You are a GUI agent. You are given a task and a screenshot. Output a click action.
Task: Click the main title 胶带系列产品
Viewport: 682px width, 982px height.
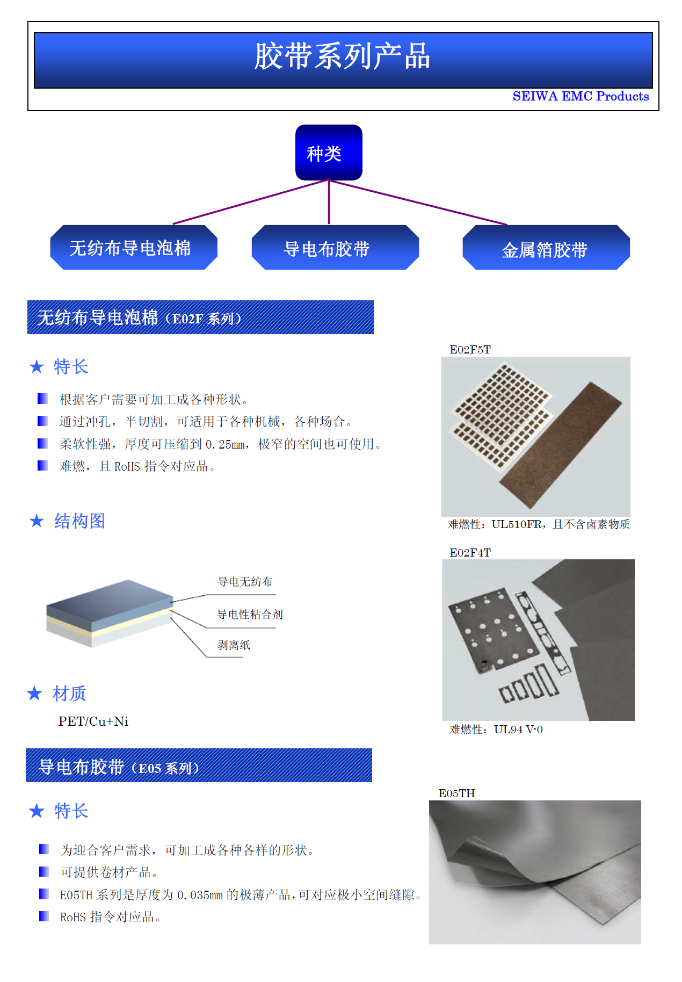343,56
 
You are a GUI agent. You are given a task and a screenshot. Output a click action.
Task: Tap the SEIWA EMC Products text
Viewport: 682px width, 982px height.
581,96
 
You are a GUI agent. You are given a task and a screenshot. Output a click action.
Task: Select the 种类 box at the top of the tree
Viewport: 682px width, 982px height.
329,153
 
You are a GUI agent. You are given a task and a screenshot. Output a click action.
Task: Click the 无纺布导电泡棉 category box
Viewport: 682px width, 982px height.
134,248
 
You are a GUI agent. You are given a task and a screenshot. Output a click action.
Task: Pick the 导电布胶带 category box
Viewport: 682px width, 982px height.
335,248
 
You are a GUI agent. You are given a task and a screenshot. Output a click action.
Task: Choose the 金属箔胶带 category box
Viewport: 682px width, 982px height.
546,248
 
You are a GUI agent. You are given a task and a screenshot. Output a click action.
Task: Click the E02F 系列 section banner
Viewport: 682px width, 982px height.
200,317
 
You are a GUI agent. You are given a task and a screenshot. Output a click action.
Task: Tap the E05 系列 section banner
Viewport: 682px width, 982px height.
199,765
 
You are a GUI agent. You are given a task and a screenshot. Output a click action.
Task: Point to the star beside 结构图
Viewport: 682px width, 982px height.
37,520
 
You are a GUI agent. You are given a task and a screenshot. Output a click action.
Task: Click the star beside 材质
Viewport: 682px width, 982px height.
34,693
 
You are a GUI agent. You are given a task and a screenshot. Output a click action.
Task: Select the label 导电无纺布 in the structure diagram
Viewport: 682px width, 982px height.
245,582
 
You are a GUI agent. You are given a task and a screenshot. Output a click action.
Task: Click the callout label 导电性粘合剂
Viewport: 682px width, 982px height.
250,614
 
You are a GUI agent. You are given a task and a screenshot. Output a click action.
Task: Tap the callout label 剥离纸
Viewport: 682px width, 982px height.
234,645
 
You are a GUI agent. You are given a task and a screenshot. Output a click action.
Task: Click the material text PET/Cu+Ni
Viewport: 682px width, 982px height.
93,721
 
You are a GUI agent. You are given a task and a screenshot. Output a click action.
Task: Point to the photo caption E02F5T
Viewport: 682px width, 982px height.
470,350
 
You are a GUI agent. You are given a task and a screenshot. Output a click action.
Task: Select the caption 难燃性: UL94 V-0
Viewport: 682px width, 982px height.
496,729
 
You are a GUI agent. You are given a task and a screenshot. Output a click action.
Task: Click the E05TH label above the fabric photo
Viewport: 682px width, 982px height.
456,793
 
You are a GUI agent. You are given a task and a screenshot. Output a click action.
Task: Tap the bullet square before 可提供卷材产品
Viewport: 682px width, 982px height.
44,871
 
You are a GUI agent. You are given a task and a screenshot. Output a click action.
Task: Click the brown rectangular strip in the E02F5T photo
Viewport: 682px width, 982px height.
561,446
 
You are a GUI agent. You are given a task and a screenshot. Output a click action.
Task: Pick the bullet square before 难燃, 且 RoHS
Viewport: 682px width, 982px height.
42,465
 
